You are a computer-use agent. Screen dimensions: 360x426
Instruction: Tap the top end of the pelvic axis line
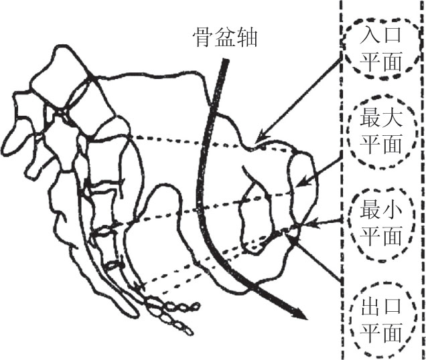226,62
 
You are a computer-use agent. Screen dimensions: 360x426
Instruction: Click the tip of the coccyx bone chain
190,331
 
